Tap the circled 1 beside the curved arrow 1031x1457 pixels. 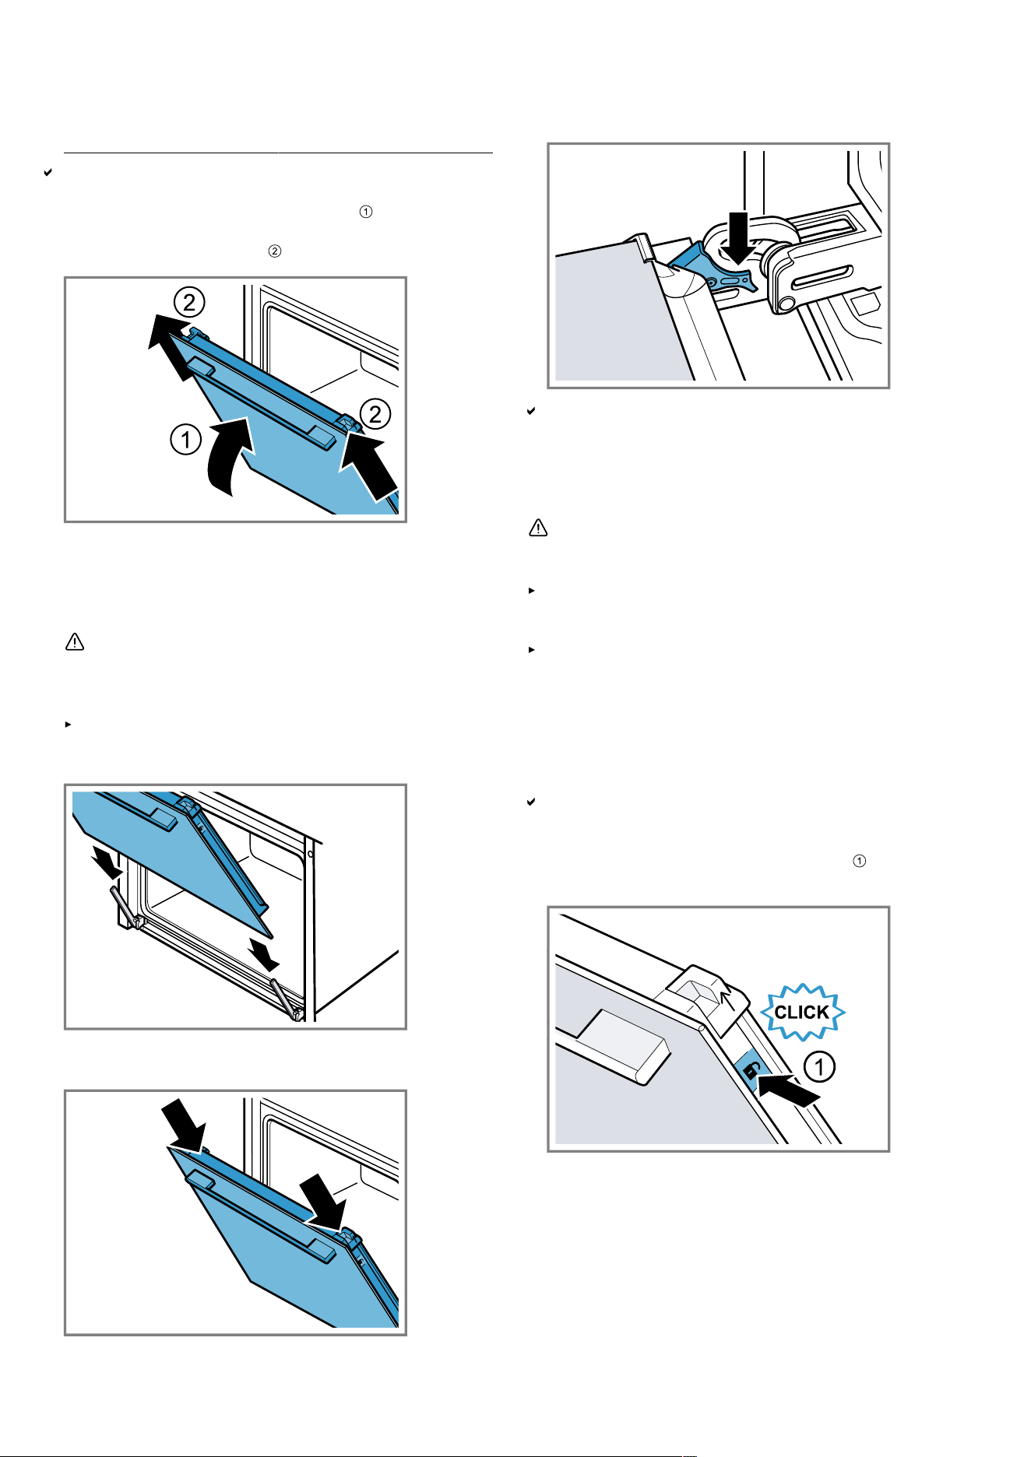[185, 441]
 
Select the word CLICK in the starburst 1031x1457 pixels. [802, 1012]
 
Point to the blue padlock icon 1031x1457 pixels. [749, 1072]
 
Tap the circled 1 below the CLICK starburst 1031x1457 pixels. [819, 1066]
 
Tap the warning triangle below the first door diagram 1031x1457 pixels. [75, 642]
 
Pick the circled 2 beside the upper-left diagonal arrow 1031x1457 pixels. [189, 301]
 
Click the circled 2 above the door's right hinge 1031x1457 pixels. [375, 414]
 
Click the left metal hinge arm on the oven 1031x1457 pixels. [125, 907]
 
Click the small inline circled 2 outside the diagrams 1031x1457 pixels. [275, 251]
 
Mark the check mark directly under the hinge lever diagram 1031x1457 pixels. [531, 411]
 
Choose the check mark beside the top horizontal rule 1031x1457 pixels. [48, 172]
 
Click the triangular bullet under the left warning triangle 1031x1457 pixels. [68, 724]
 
